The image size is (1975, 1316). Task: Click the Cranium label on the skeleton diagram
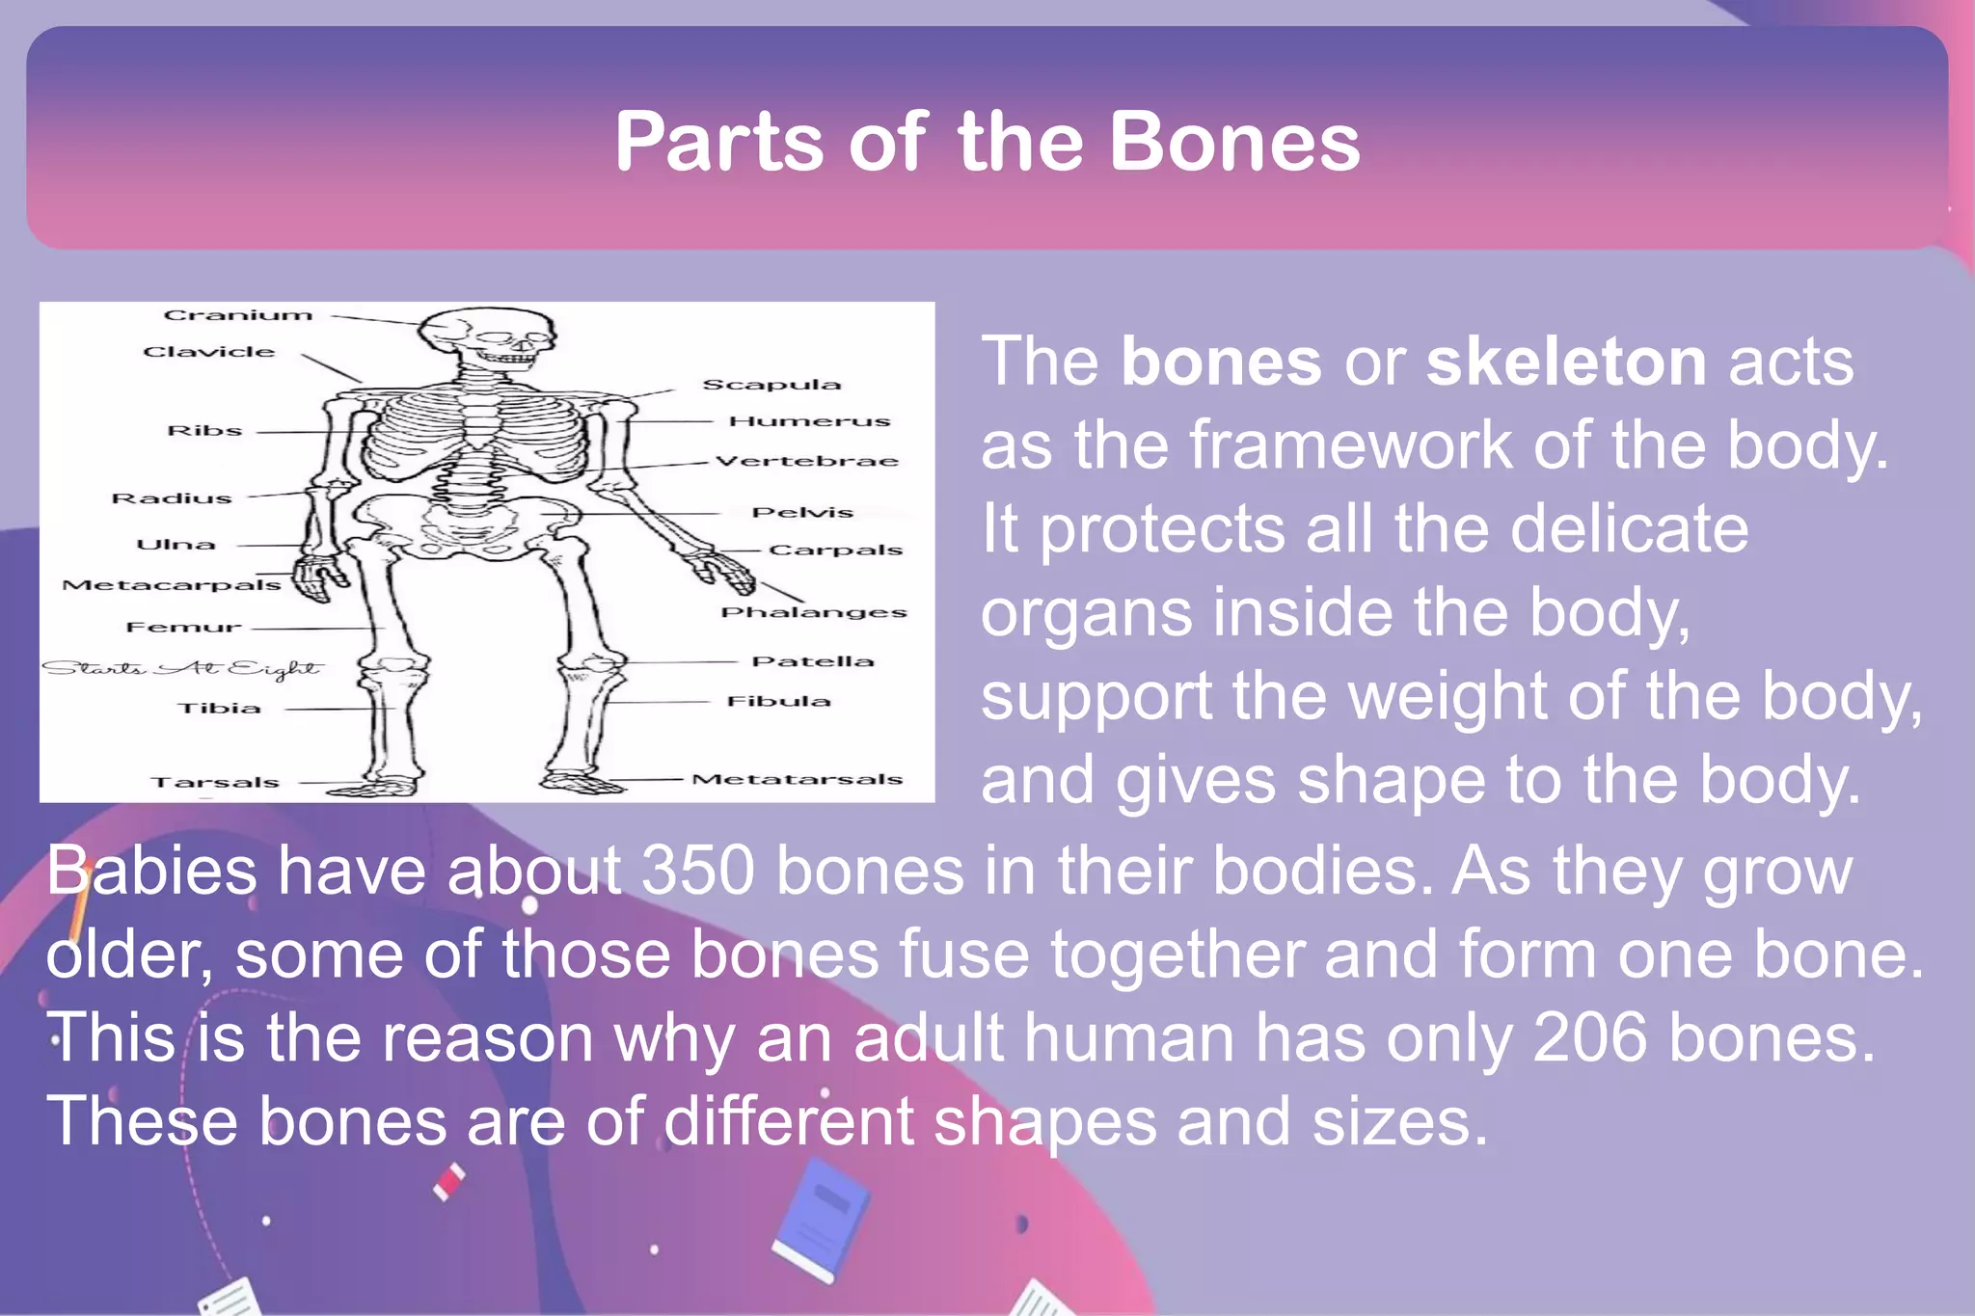[x=238, y=315]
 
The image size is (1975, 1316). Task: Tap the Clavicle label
[x=209, y=352]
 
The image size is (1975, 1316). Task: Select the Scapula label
[x=771, y=385]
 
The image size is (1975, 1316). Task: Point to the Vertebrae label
[x=807, y=461]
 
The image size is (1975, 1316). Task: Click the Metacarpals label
[x=171, y=585]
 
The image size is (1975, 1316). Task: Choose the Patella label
[x=812, y=661]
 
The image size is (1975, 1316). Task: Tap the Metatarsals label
[x=797, y=779]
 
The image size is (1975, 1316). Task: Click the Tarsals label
[x=214, y=782]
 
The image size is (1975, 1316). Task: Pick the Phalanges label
[x=813, y=612]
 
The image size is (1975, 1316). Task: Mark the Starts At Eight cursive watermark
[x=181, y=668]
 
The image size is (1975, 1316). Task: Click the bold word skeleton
[x=1566, y=362]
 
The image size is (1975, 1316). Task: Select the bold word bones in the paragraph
[x=1220, y=362]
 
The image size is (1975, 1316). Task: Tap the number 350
[x=697, y=871]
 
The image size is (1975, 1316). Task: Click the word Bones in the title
[x=1234, y=142]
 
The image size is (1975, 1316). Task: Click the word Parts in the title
[x=719, y=142]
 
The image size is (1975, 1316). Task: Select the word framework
[x=1350, y=445]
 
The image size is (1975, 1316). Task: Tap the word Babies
[x=151, y=871]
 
